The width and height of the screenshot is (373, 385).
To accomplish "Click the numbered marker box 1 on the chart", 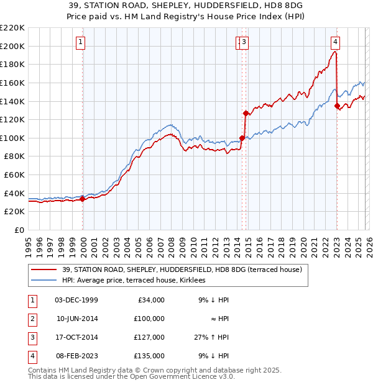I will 82,42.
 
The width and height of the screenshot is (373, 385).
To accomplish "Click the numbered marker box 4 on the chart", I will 335,42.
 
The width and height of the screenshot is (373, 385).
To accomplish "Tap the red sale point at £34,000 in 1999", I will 83,199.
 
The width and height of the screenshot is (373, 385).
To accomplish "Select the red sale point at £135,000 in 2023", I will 338,106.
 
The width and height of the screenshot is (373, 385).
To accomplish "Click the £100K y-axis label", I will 12,138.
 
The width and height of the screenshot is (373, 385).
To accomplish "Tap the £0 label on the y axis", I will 19,230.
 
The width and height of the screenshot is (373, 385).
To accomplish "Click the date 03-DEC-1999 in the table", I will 76,300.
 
